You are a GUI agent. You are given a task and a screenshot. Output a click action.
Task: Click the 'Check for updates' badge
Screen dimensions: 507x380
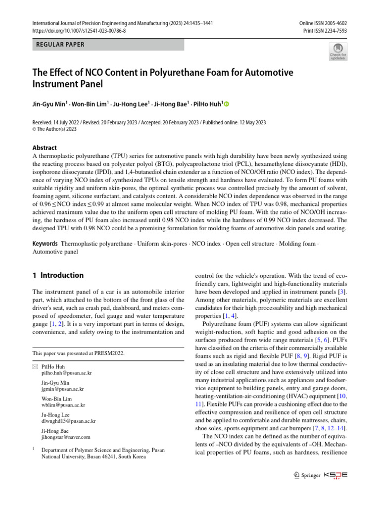point(338,51)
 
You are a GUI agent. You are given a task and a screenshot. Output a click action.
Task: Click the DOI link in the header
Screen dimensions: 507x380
point(79,31)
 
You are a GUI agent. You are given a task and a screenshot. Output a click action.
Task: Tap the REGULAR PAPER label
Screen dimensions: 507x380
point(60,45)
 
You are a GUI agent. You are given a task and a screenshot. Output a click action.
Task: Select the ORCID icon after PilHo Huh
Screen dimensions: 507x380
point(228,104)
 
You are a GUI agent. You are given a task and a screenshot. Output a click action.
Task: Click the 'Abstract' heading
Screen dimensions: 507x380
point(45,148)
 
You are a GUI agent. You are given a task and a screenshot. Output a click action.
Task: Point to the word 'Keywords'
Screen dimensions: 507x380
point(45,244)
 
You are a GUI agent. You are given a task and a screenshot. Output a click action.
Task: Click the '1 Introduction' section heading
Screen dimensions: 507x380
point(58,275)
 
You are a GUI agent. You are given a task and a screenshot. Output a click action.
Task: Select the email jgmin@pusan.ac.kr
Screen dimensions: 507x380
point(63,390)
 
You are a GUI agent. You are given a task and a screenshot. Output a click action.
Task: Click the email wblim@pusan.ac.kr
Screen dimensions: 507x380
point(64,405)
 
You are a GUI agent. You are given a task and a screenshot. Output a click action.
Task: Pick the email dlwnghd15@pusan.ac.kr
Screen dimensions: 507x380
point(69,421)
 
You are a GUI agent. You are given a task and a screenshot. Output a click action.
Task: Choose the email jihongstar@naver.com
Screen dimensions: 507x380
point(66,437)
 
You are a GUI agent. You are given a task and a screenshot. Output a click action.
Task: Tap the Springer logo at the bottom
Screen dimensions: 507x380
point(306,475)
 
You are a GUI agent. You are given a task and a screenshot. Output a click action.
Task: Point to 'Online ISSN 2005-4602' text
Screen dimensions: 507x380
point(323,23)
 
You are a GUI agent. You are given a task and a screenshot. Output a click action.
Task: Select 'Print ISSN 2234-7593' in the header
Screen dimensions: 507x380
point(325,31)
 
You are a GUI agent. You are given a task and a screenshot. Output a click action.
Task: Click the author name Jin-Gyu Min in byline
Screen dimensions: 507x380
point(49,104)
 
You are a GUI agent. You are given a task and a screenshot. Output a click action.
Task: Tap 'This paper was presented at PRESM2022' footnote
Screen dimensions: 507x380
point(78,353)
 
